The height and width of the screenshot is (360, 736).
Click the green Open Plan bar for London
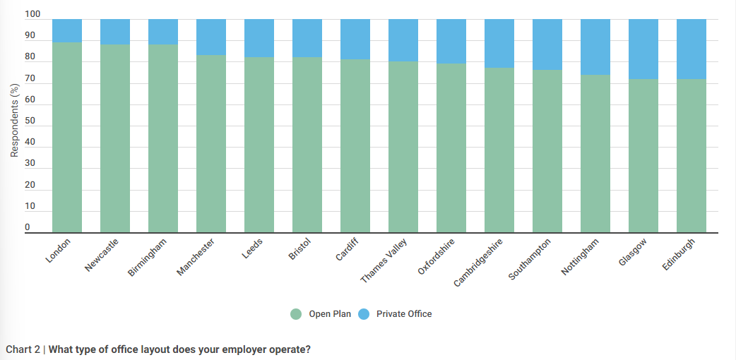67,138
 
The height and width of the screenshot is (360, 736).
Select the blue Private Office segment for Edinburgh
692,49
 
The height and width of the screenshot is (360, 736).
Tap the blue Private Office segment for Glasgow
643,49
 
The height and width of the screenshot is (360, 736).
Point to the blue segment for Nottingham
595,47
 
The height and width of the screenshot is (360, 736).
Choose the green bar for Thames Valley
403,148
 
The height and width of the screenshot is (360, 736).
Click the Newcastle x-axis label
102,255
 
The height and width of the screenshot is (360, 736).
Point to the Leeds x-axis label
253,249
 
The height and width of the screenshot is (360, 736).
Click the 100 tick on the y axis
32,15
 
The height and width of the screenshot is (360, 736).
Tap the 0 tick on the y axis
28,227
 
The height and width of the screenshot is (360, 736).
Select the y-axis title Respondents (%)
14,120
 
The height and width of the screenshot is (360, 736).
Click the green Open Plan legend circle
296,314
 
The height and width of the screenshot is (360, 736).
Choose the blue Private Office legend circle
364,314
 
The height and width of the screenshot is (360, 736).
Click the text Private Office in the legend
404,314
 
